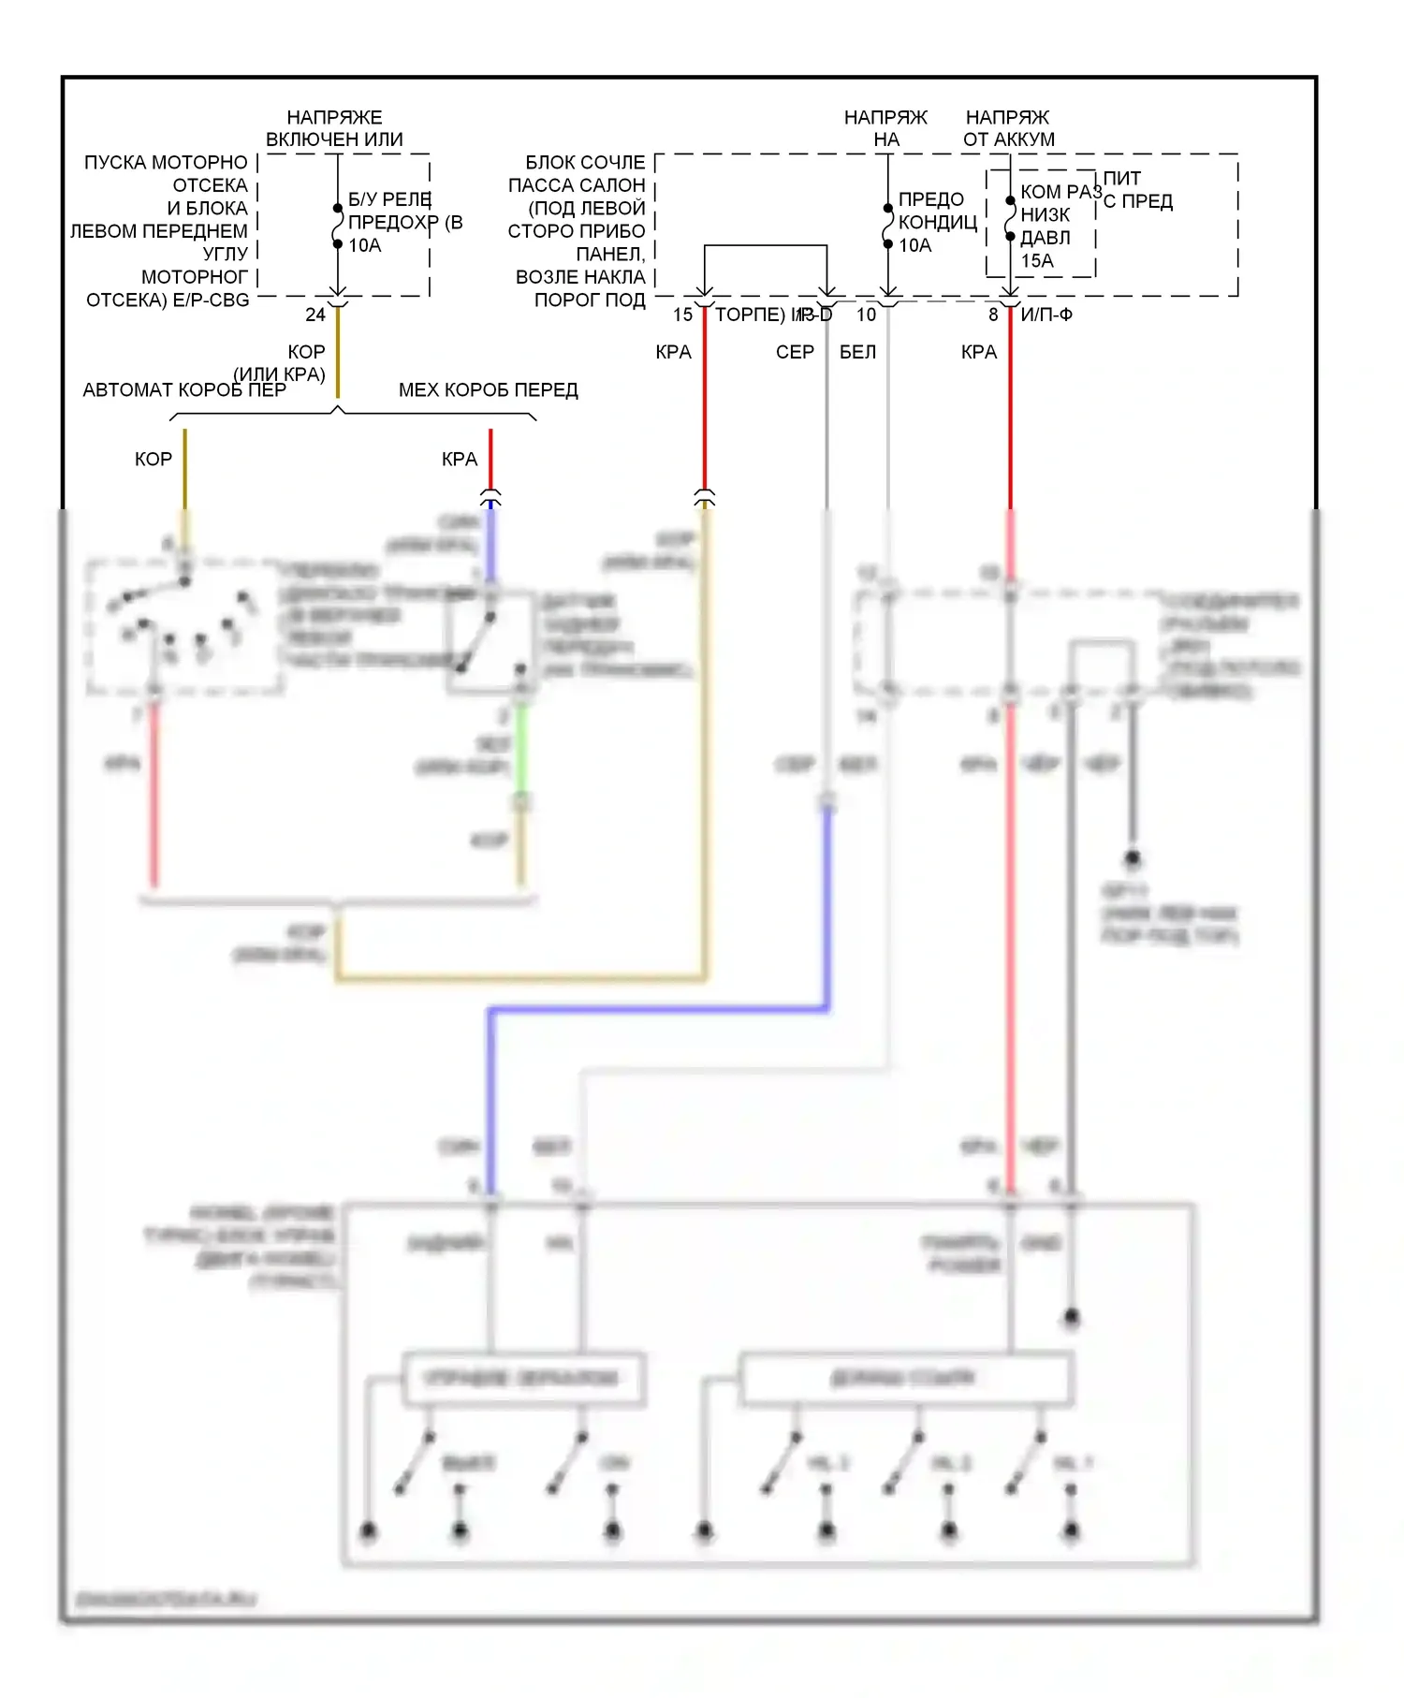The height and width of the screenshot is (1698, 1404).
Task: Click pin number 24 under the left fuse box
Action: coord(315,315)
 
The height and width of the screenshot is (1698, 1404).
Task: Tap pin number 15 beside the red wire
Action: coord(682,315)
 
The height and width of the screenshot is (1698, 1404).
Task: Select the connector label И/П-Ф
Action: coord(1046,315)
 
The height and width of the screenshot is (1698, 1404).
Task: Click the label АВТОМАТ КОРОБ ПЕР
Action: coord(183,390)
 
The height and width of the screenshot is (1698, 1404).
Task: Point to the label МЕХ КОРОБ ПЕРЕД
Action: coord(488,390)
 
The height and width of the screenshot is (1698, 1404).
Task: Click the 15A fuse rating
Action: coord(1036,261)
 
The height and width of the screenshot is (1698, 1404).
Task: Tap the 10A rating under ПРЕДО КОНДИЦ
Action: coord(914,246)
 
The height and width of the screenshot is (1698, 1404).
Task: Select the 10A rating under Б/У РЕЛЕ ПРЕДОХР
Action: coord(364,246)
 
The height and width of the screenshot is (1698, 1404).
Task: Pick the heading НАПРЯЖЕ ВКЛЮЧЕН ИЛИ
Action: coord(334,128)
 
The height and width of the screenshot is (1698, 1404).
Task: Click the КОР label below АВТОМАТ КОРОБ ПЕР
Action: coord(154,460)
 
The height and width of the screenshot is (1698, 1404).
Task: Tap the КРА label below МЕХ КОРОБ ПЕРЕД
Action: coord(459,460)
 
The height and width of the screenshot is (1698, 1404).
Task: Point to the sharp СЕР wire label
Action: coord(795,353)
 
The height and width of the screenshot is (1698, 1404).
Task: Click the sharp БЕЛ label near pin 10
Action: coord(857,353)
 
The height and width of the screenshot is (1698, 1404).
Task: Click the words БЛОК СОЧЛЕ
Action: coord(585,163)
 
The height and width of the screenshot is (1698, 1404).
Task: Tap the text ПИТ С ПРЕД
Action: coord(1136,190)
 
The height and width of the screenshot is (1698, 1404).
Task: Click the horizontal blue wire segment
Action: coord(655,1009)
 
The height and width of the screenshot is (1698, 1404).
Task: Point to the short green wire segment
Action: coord(521,749)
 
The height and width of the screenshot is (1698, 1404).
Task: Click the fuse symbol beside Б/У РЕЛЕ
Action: coord(338,226)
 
